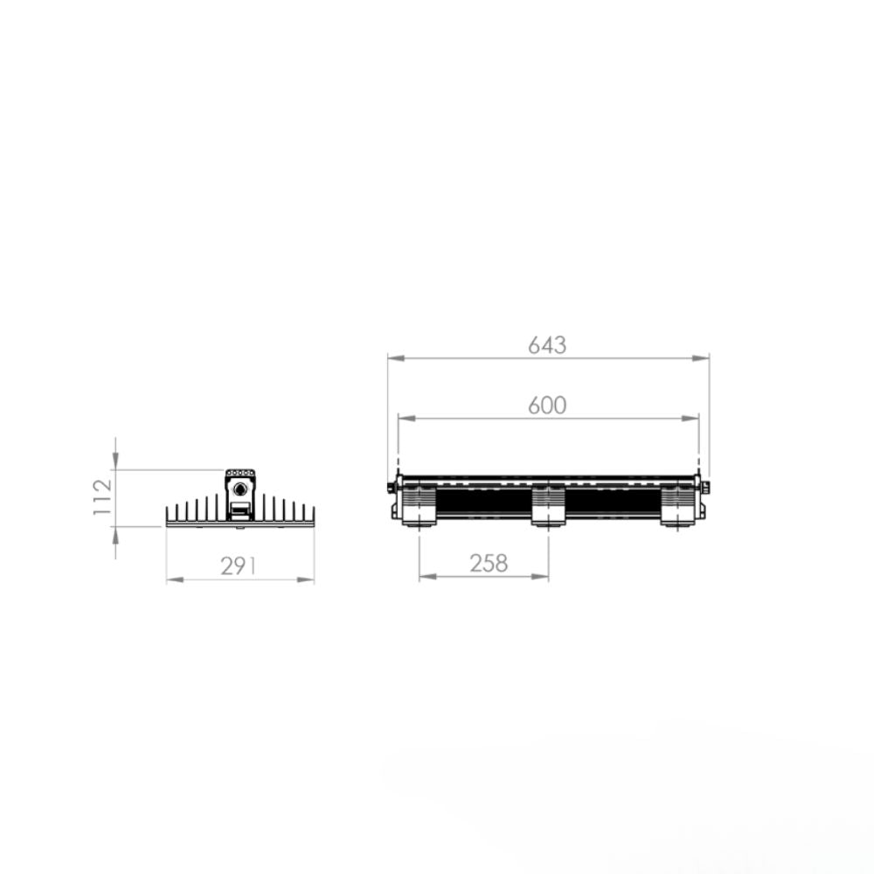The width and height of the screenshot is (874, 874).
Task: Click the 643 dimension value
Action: click(547, 345)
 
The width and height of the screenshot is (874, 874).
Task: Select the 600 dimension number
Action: click(547, 406)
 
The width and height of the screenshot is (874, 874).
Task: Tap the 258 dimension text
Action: click(489, 564)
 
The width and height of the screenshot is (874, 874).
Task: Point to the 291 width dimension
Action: click(238, 566)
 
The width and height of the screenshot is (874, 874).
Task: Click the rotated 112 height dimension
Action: click(102, 496)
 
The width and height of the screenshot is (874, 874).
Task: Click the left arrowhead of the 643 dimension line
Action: click(396, 357)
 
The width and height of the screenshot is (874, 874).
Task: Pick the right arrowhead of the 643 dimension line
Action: click(701, 357)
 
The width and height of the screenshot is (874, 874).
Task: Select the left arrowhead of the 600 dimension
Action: click(407, 418)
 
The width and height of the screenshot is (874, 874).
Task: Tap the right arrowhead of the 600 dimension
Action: click(690, 418)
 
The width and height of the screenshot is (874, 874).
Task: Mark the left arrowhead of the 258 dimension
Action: click(428, 576)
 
